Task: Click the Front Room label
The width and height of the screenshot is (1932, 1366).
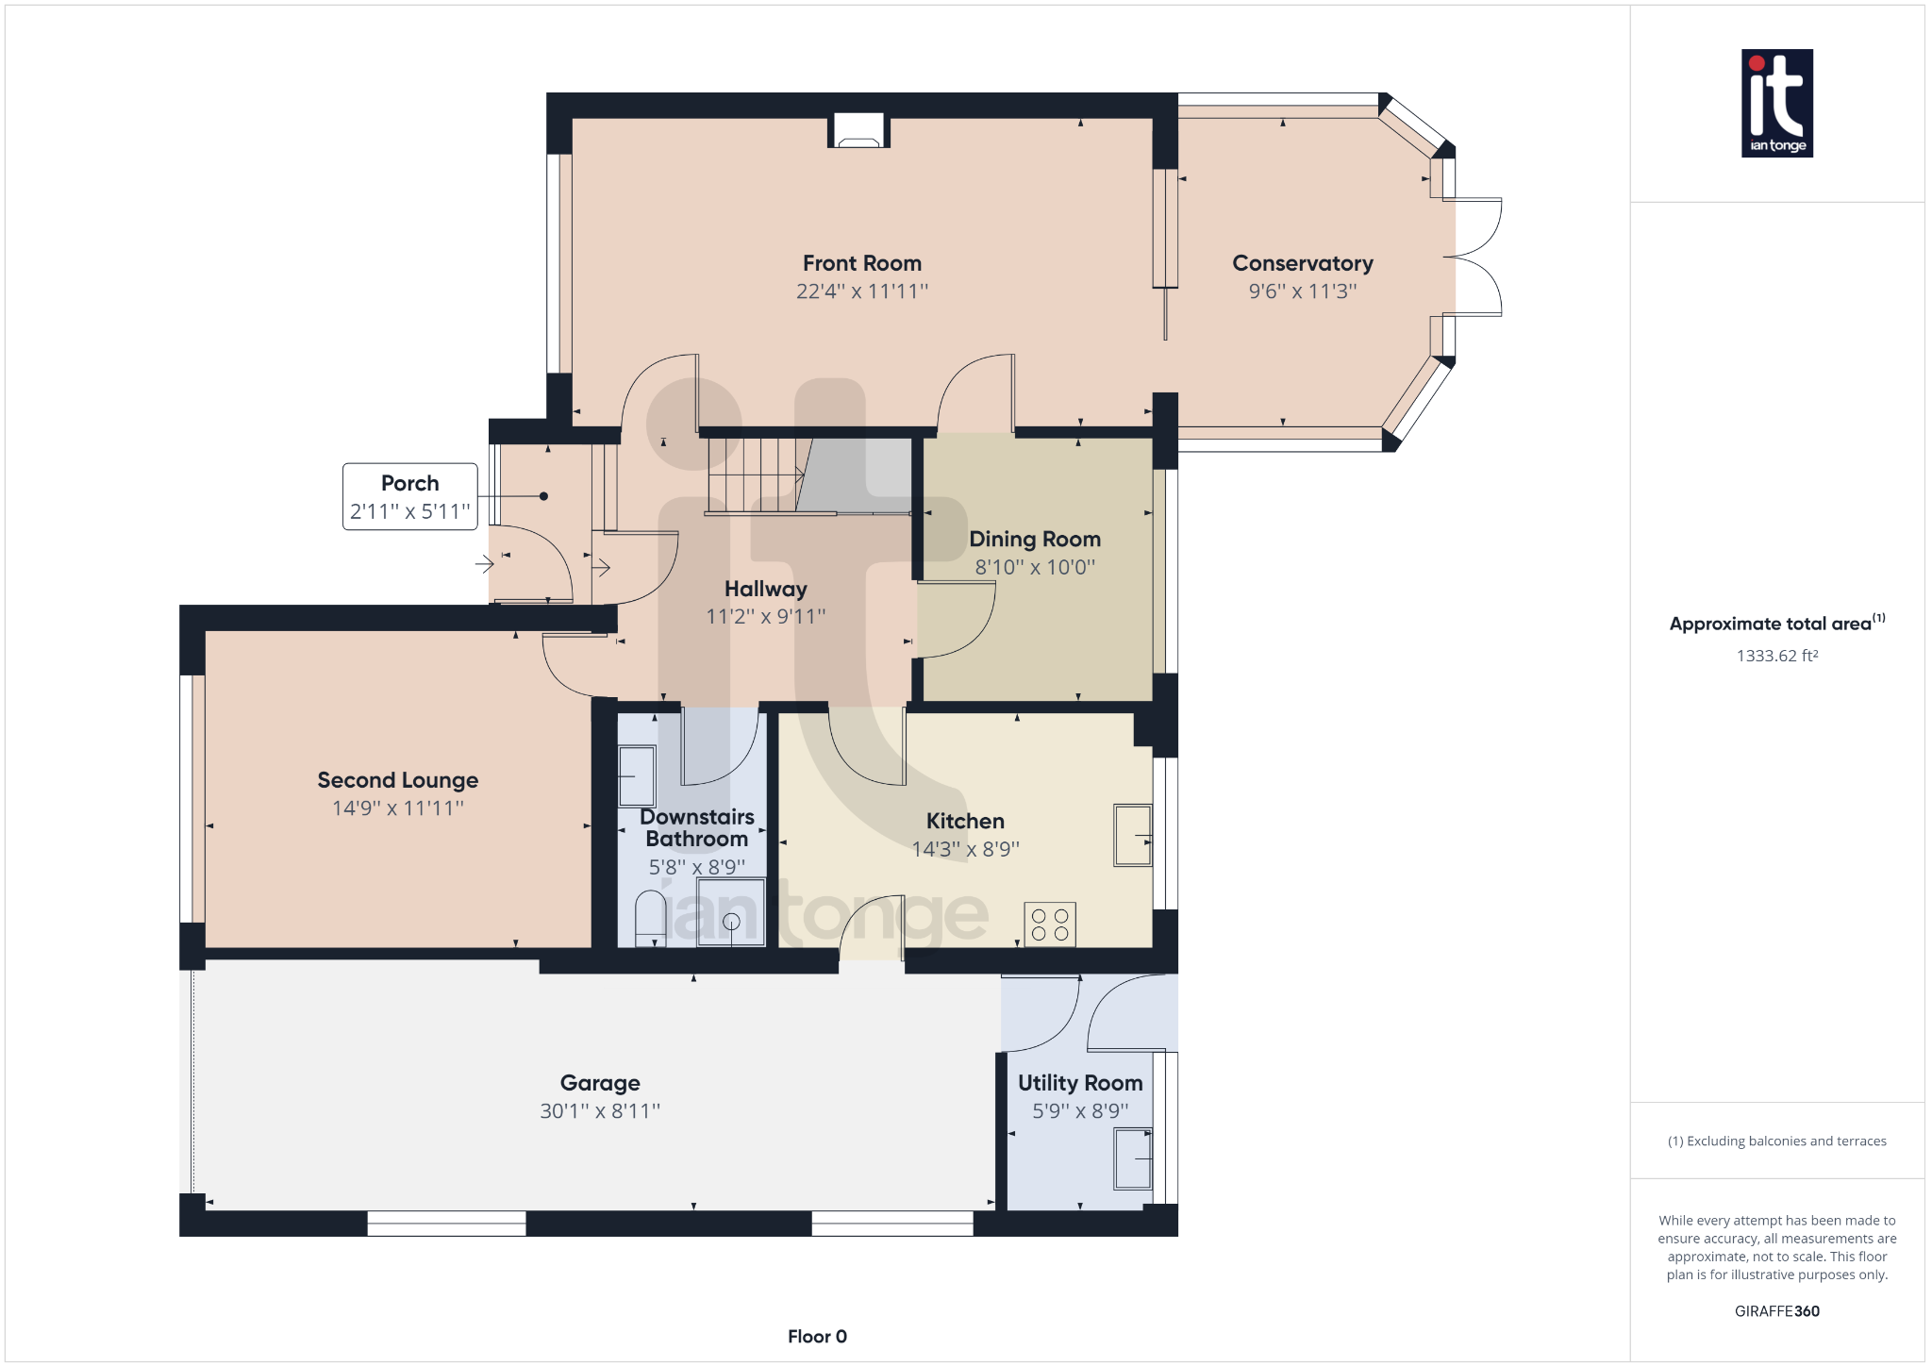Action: point(861,263)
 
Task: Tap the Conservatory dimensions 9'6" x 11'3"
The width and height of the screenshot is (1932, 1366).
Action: point(1302,292)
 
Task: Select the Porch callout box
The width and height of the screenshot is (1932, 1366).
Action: point(409,496)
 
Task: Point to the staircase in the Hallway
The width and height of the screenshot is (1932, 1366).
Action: point(755,475)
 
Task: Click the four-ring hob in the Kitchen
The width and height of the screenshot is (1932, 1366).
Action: point(1049,925)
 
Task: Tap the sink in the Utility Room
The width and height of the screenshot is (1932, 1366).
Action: point(1133,1158)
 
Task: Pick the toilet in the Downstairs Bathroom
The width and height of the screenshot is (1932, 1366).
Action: point(651,918)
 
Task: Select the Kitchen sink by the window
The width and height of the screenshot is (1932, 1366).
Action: point(1132,835)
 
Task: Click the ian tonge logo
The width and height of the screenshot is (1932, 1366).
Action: point(1776,103)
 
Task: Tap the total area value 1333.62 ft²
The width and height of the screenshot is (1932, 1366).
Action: point(1776,656)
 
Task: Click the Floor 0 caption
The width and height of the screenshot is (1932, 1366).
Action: point(817,1336)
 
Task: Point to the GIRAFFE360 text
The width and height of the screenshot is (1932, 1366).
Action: point(1776,1311)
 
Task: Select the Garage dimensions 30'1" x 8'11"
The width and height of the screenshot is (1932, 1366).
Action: point(600,1111)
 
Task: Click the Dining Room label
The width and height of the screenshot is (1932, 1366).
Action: point(1035,539)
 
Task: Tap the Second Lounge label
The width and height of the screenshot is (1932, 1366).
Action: point(397,780)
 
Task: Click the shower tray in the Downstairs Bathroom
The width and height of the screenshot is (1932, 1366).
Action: point(731,912)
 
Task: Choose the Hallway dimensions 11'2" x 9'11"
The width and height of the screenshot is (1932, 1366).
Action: point(765,617)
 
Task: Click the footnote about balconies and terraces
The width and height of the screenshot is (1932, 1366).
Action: point(1776,1141)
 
